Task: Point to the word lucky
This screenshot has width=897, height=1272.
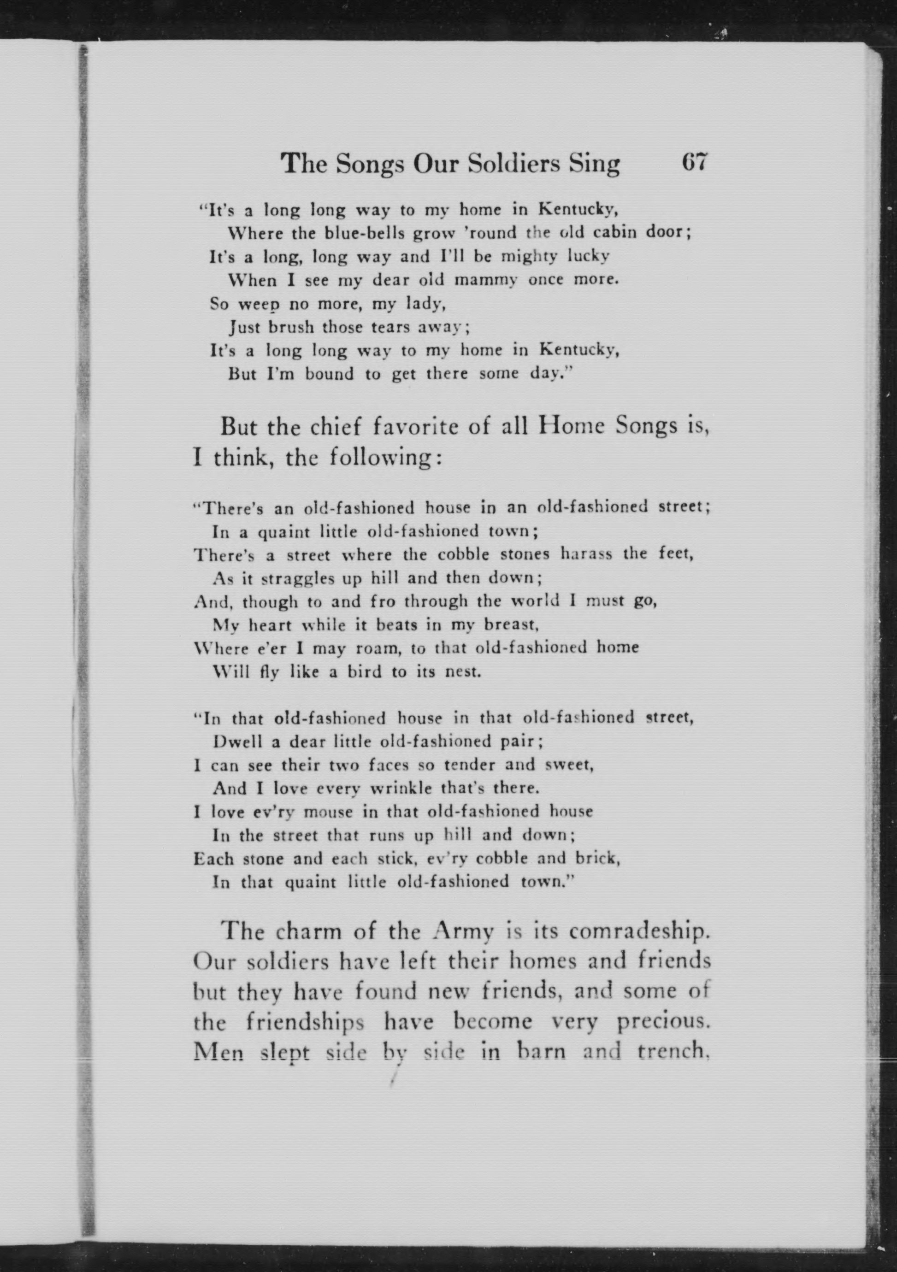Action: tap(588, 257)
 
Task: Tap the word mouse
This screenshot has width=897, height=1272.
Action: tap(327, 812)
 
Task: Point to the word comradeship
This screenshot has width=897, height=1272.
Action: tap(639, 932)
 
